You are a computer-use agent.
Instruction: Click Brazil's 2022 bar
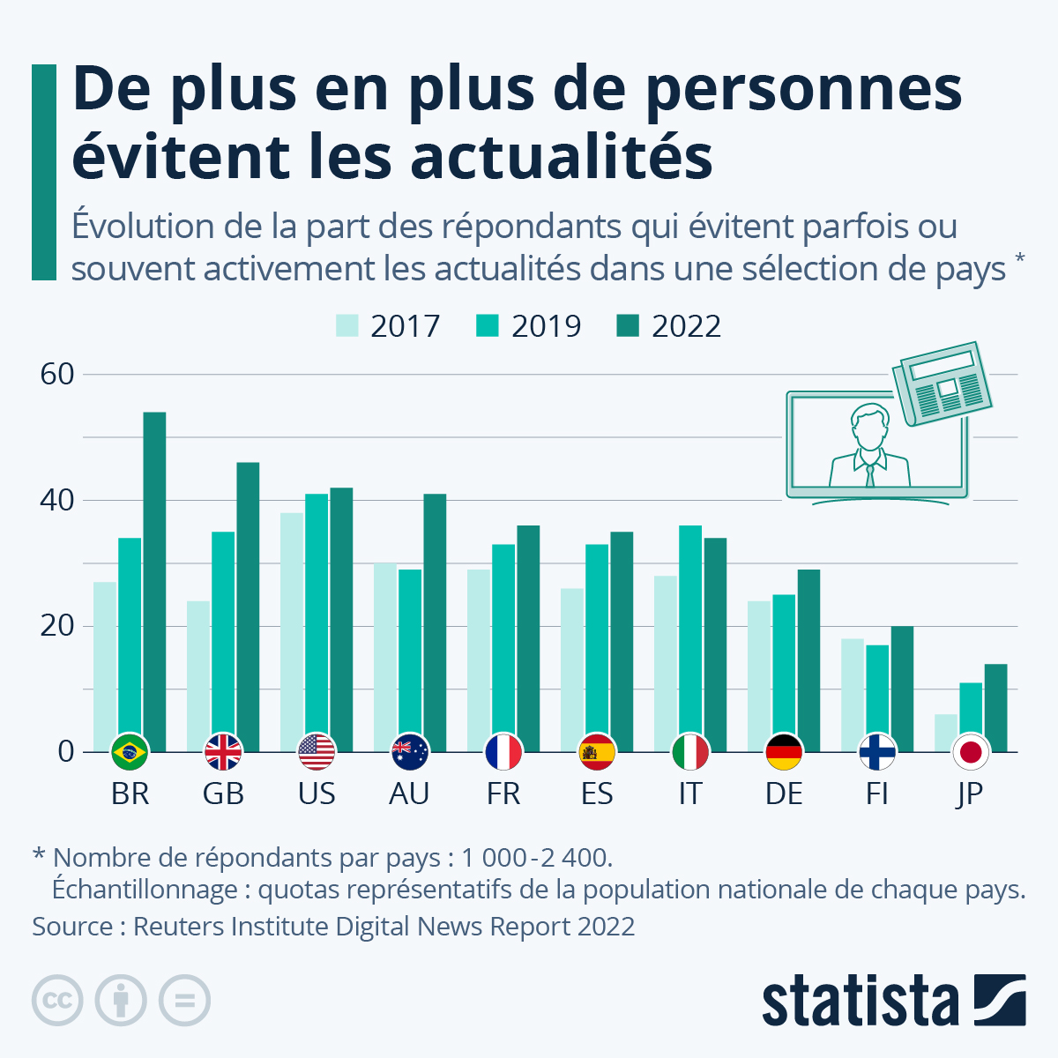[x=154, y=582]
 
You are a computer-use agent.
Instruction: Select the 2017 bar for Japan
[x=945, y=732]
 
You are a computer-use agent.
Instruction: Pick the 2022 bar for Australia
[x=435, y=622]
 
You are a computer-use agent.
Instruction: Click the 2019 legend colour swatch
[x=488, y=326]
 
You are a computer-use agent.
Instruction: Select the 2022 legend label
[x=686, y=326]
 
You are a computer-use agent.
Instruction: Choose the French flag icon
[x=503, y=752]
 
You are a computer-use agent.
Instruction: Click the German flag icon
[x=784, y=752]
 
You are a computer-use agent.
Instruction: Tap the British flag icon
[x=223, y=752]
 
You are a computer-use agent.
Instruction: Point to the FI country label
[x=876, y=793]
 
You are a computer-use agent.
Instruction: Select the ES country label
[x=597, y=793]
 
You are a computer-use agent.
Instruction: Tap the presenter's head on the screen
[x=869, y=426]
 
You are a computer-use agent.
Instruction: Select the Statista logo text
[x=860, y=1000]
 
